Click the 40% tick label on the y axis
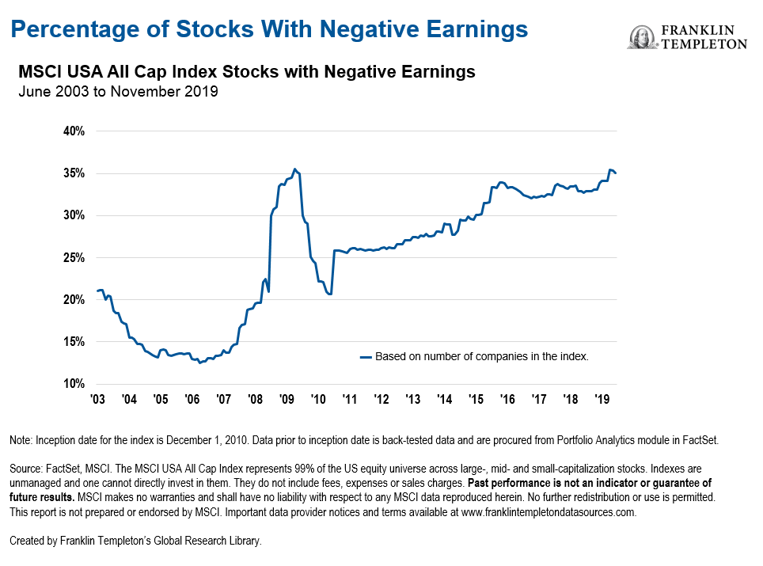click(x=74, y=131)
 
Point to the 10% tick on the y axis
click(x=74, y=384)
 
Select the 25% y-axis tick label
click(x=74, y=257)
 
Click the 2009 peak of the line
click(x=294, y=169)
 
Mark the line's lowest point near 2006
click(x=200, y=363)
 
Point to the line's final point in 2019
click(x=616, y=173)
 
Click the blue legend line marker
click(x=366, y=357)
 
